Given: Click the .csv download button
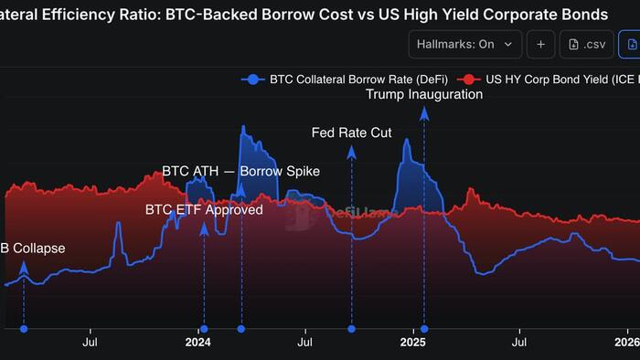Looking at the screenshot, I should (585, 44).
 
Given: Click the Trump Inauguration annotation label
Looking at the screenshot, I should (424, 94).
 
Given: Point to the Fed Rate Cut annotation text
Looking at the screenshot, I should (351, 132).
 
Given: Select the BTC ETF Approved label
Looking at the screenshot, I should (204, 209).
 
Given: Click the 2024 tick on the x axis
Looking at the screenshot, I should (197, 343).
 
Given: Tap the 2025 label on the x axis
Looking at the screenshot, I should (413, 343).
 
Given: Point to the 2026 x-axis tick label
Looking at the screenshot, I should (626, 343).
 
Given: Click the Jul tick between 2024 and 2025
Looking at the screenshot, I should (304, 343).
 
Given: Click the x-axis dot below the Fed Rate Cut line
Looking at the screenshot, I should (351, 328).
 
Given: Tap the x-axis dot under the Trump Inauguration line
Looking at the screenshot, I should (424, 328).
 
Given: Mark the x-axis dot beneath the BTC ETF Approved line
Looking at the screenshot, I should (204, 328).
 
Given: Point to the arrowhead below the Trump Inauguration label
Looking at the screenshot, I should (424, 112).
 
